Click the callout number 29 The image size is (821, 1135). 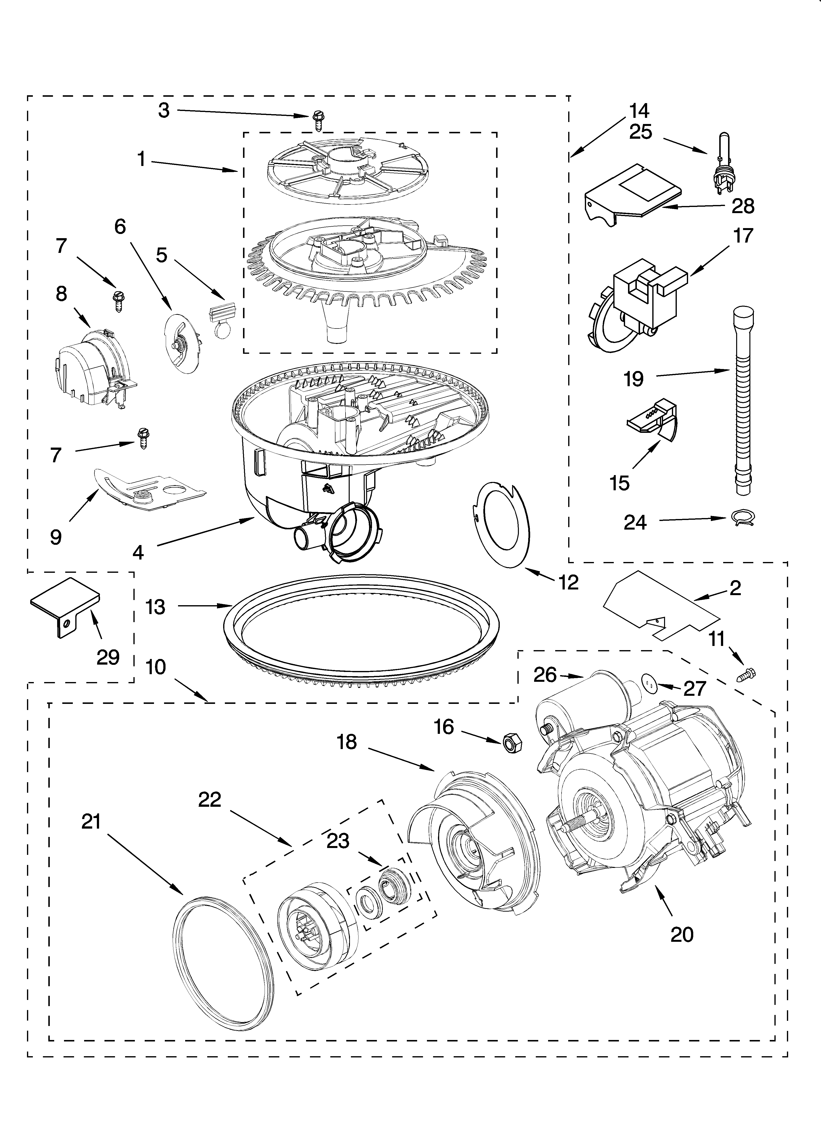pyautogui.click(x=108, y=657)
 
